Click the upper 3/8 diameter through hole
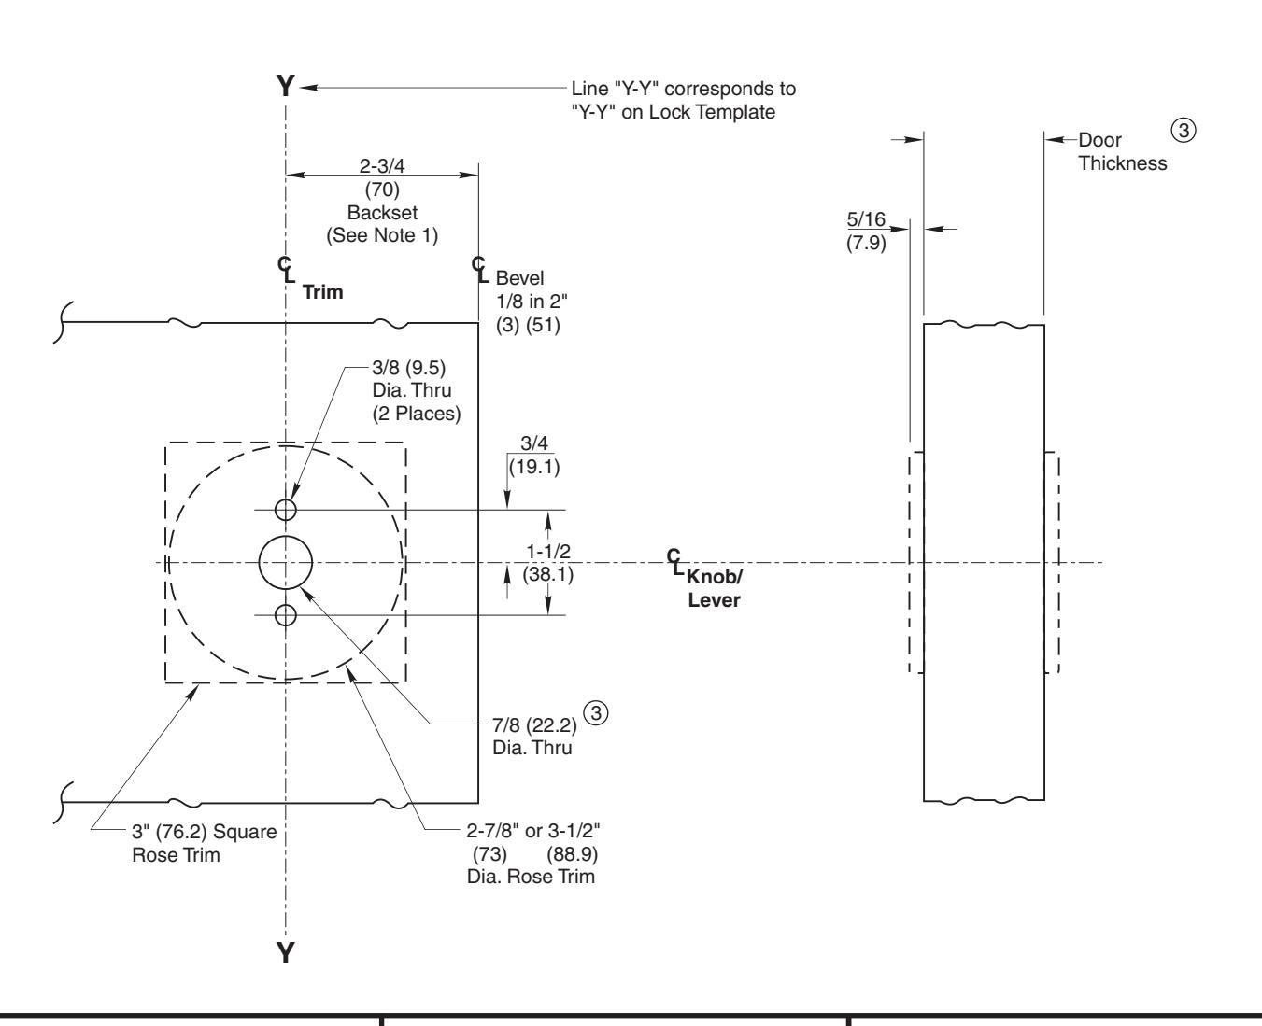pyautogui.click(x=286, y=509)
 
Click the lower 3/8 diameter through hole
pyautogui.click(x=286, y=614)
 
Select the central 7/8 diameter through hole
pyautogui.click(x=286, y=563)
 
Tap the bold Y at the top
pyautogui.click(x=287, y=87)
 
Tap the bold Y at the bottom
pyautogui.click(x=287, y=952)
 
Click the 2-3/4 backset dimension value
pyautogui.click(x=382, y=164)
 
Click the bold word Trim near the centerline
pyautogui.click(x=323, y=292)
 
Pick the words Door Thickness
pyautogui.click(x=1122, y=151)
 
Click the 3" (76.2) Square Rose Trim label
pyautogui.click(x=205, y=843)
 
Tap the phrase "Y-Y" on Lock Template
pyautogui.click(x=673, y=112)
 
